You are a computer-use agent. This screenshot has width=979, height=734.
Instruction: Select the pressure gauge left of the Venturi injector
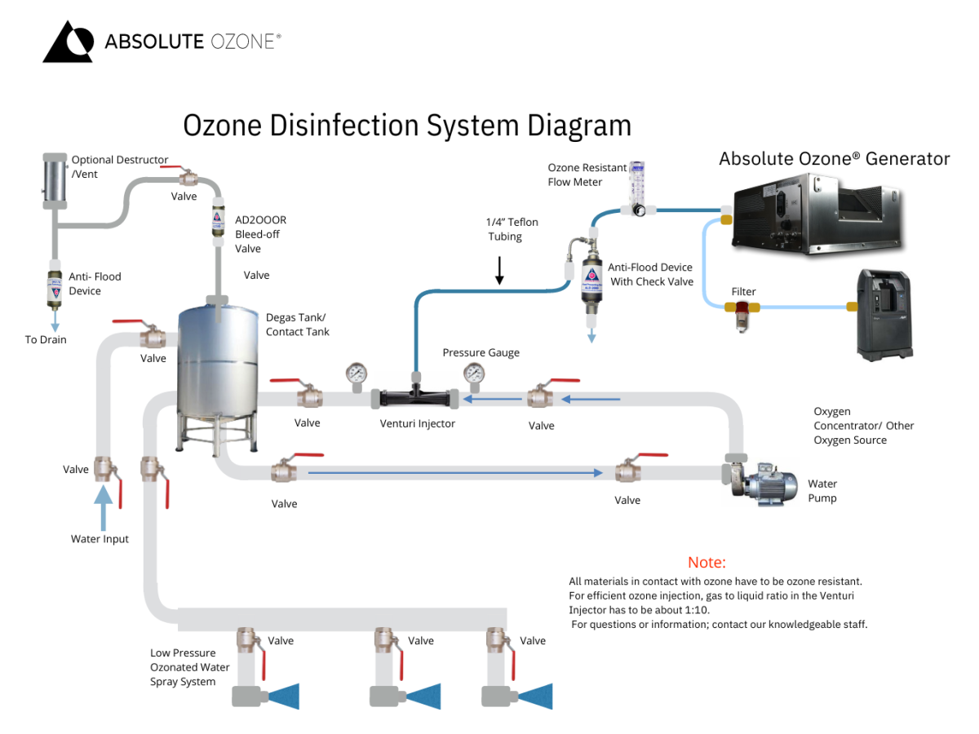(357, 374)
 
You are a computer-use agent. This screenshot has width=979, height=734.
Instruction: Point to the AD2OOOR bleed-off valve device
(218, 224)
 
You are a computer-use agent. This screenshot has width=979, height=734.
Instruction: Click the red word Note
(707, 563)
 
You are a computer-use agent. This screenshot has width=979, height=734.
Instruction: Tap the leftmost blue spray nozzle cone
(284, 696)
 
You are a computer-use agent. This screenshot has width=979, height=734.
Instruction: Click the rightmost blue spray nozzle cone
(535, 696)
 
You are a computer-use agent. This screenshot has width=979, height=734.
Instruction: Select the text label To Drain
(46, 339)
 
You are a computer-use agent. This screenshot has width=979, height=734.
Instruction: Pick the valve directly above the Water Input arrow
(104, 471)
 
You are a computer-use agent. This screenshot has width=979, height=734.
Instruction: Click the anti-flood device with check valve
(591, 281)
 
